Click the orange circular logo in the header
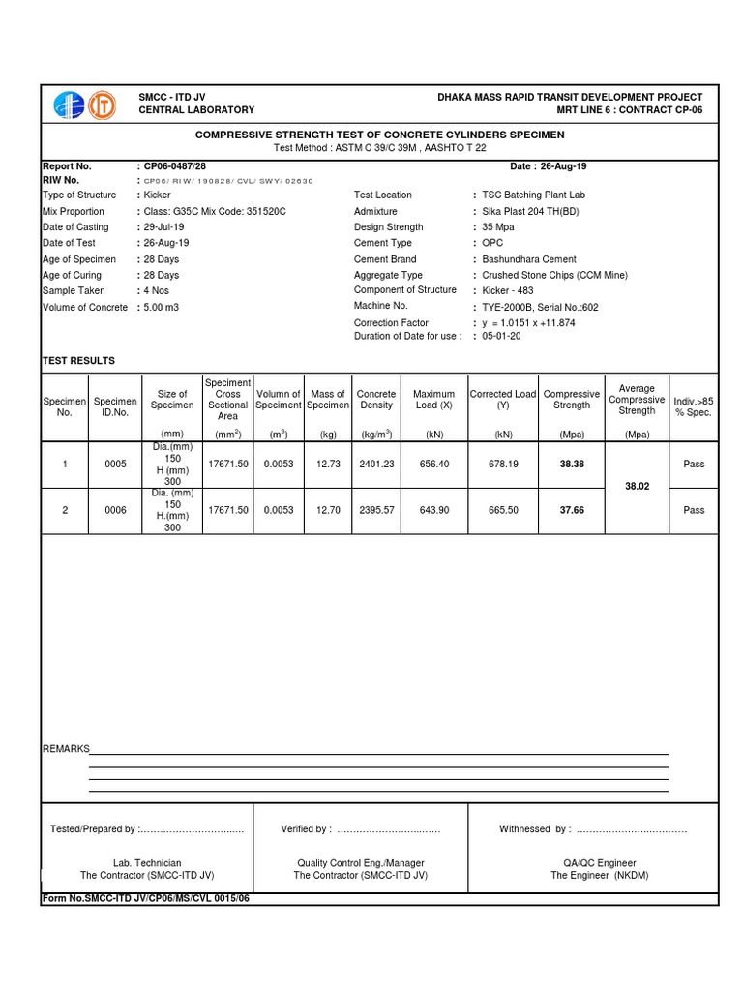tap(102, 105)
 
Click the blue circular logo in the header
tap(71, 105)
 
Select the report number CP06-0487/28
tap(175, 166)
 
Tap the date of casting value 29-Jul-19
tap(167, 227)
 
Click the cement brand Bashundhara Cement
tap(529, 259)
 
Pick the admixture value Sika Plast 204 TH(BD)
tap(534, 211)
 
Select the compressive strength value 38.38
tap(572, 465)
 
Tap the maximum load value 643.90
tap(433, 511)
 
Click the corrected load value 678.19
tap(502, 465)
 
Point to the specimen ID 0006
tap(115, 511)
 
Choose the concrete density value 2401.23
tap(375, 465)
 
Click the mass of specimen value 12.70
tap(328, 511)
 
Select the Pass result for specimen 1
tap(694, 465)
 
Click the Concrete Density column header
tap(375, 400)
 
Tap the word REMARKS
tap(65, 749)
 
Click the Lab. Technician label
tap(147, 863)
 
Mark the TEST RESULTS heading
tap(78, 361)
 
